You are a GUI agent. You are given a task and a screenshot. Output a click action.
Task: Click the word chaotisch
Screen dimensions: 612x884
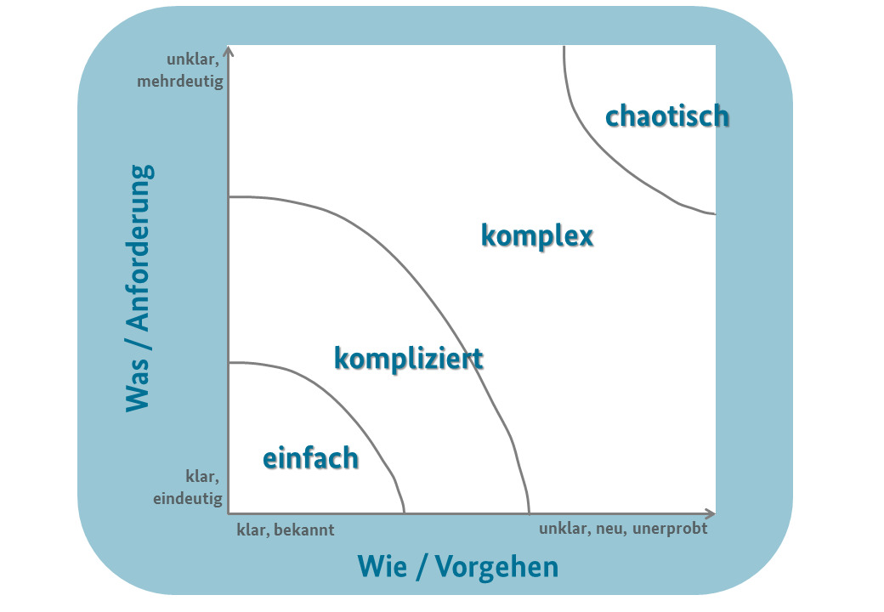667,116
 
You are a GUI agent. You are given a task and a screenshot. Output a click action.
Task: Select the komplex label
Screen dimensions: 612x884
537,235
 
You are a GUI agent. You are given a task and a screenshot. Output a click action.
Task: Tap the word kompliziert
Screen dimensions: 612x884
409,359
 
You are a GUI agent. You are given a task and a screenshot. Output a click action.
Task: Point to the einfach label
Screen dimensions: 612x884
310,458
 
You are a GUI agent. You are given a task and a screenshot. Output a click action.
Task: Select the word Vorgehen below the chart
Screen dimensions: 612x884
496,567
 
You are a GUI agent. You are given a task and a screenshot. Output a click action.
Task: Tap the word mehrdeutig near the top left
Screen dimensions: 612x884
183,82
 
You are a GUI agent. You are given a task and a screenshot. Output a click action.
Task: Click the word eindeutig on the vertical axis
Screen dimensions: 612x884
188,499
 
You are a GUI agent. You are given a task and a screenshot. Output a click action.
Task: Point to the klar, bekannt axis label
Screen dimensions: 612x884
286,530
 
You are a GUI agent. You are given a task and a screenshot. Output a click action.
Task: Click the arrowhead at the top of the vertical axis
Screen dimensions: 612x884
230,52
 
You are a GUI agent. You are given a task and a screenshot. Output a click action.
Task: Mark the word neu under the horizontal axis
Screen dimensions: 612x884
606,528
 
